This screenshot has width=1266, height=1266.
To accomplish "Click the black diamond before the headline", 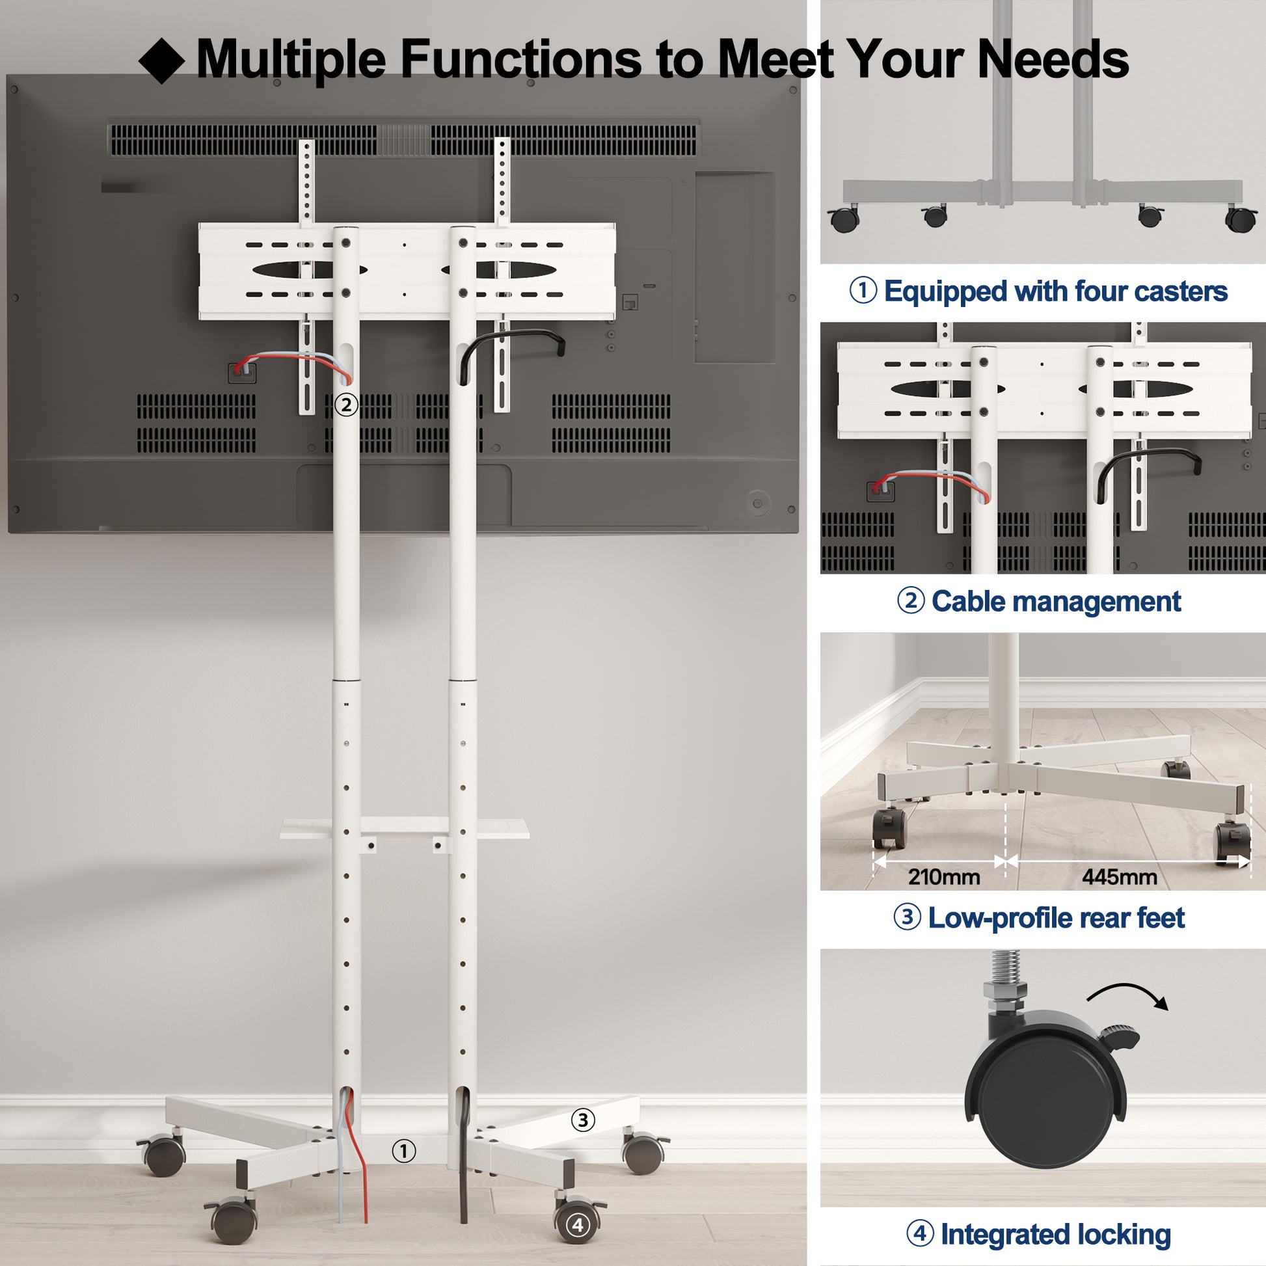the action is [x=162, y=61].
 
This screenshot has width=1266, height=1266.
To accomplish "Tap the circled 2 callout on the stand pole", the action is [x=346, y=405].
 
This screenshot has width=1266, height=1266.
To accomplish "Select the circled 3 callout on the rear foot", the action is [x=582, y=1120].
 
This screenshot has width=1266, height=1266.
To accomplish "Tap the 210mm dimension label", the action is [x=943, y=877].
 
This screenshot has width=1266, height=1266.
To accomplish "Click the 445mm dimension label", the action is [x=1119, y=877].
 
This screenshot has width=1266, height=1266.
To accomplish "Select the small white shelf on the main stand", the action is [x=404, y=828].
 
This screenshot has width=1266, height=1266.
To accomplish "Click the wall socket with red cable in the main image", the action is [x=241, y=372].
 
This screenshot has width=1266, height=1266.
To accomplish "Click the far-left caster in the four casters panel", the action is [x=844, y=218].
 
